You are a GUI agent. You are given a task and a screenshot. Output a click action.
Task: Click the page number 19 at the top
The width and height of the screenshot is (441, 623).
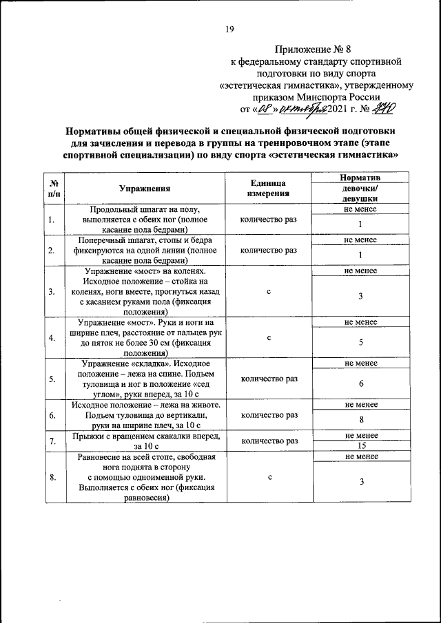pyautogui.click(x=230, y=28)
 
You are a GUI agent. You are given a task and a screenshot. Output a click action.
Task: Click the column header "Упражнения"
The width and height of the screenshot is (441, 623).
pyautogui.click(x=144, y=188)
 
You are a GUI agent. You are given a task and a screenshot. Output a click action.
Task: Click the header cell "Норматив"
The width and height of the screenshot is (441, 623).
pyautogui.click(x=360, y=178)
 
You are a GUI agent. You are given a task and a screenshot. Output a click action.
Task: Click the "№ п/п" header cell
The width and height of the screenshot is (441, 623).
pyautogui.click(x=53, y=188)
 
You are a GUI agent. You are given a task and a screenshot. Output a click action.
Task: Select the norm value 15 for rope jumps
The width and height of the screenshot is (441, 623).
pyautogui.click(x=360, y=445)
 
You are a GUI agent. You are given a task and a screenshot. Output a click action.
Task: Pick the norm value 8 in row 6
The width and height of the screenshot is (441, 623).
pyautogui.click(x=360, y=420)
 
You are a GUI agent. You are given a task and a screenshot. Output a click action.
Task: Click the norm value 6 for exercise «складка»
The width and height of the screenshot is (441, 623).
pyautogui.click(x=360, y=383)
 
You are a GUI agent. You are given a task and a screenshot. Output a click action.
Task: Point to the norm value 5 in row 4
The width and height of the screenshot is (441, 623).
pyautogui.click(x=360, y=342)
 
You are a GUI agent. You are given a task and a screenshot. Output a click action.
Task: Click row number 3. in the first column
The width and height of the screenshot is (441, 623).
pyautogui.click(x=52, y=292)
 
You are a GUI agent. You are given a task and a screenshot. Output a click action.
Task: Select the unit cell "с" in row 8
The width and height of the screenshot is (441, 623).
pyautogui.click(x=268, y=476)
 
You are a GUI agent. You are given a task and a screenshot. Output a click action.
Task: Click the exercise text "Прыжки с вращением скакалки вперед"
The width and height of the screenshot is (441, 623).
pyautogui.click(x=144, y=436)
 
